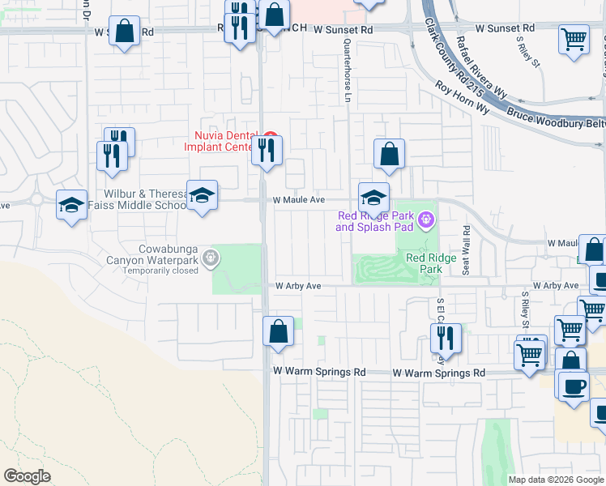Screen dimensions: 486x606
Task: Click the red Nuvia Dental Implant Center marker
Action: click(x=272, y=135)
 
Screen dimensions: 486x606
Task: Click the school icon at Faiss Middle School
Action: click(x=203, y=195)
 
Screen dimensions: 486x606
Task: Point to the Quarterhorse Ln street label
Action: click(x=347, y=62)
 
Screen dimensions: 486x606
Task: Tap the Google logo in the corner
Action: click(x=27, y=476)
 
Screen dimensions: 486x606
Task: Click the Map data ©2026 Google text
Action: click(x=556, y=480)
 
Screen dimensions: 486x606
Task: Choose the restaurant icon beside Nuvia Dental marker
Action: click(x=266, y=150)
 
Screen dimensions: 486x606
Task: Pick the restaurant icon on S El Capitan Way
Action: click(x=445, y=337)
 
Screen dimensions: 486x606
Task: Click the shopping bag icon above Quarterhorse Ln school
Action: click(x=389, y=153)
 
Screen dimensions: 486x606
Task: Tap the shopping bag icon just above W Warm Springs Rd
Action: click(x=278, y=331)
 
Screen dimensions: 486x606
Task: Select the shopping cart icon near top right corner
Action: click(x=574, y=38)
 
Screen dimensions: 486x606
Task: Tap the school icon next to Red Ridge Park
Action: click(x=373, y=197)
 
